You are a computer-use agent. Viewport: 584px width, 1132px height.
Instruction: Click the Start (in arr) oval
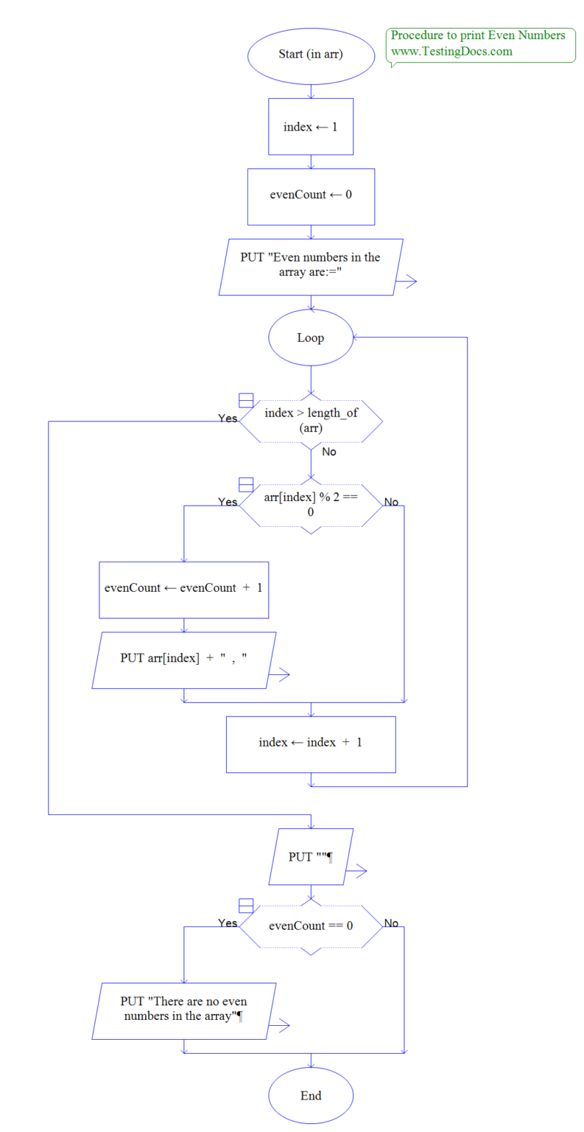311,54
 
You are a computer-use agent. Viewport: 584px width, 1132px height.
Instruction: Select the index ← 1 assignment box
311,127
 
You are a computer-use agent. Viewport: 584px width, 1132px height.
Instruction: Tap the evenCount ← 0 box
311,197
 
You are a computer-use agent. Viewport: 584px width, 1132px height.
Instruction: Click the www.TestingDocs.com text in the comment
451,52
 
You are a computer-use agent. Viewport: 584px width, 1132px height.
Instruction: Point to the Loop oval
311,338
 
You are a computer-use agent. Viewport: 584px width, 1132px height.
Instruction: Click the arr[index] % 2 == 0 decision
311,505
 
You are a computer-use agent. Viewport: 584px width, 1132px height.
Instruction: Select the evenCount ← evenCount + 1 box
183,590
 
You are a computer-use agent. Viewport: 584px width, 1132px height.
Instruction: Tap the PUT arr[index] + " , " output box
183,660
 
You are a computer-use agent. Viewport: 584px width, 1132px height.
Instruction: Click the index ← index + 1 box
311,743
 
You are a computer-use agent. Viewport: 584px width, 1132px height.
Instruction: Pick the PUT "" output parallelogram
311,857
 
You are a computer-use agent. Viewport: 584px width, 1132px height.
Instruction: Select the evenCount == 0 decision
311,924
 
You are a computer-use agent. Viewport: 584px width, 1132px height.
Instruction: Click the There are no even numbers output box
183,1010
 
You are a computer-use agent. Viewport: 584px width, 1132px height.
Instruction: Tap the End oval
311,1095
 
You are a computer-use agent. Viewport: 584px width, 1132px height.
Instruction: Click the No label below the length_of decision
328,452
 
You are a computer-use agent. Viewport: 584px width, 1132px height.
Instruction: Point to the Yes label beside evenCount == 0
228,923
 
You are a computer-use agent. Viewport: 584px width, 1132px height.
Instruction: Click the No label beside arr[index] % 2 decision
391,502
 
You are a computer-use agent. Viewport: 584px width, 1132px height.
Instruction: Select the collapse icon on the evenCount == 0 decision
247,906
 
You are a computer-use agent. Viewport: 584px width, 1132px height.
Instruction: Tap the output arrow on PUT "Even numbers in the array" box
407,282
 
